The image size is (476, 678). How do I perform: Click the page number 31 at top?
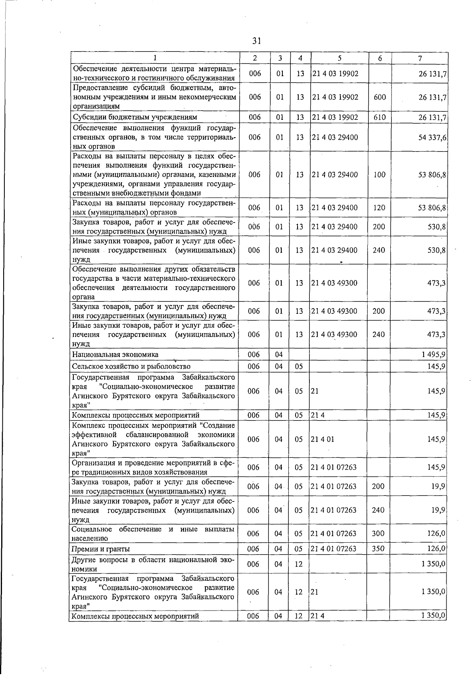coord(256,40)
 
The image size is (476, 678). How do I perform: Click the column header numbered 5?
coord(340,58)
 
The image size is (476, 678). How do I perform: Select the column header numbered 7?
coord(420,58)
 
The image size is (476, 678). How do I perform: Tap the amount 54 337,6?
coord(432,137)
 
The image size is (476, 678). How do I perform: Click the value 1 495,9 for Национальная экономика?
coord(433,354)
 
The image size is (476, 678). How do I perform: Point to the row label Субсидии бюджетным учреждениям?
coord(134,117)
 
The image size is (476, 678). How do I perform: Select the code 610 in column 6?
coord(380,117)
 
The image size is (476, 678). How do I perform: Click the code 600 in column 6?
coord(380,97)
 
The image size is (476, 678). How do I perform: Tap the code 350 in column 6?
coord(378,549)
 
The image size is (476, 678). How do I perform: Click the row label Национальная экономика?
coord(115,354)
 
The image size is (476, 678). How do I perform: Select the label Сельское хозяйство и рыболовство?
coord(131,366)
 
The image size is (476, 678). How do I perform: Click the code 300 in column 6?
coord(378,534)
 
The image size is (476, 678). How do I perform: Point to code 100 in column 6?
coord(379,175)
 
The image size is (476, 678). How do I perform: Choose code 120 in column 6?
coord(379,207)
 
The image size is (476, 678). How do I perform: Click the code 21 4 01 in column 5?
coord(323,439)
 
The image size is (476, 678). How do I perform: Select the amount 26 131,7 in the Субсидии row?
coord(432,117)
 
